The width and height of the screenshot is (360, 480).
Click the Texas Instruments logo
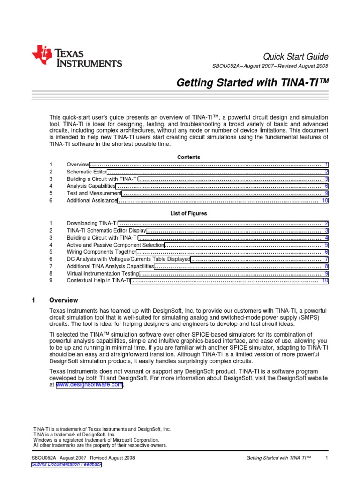[x=77, y=57]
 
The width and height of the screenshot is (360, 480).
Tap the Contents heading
[x=188, y=157]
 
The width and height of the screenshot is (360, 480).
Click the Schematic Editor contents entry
[x=87, y=172]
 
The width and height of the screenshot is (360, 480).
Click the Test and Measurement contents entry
[x=94, y=193]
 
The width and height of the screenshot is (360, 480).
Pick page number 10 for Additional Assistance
[x=325, y=201]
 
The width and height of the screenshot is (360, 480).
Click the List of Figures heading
[x=188, y=213]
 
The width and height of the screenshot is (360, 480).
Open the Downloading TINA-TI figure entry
[x=92, y=224]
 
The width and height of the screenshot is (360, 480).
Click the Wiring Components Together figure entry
[x=101, y=252]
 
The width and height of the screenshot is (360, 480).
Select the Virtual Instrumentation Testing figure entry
[x=103, y=273]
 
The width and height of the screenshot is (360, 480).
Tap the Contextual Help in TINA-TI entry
[x=98, y=280]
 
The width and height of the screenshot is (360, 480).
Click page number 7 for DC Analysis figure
[x=326, y=259]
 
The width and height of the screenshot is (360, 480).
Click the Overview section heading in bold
[x=64, y=300]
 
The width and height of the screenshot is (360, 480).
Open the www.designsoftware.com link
[x=90, y=385]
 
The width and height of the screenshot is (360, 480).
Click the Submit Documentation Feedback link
[x=66, y=464]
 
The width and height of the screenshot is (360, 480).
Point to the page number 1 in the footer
[x=326, y=457]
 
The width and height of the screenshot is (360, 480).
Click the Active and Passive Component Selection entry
[x=115, y=245]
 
